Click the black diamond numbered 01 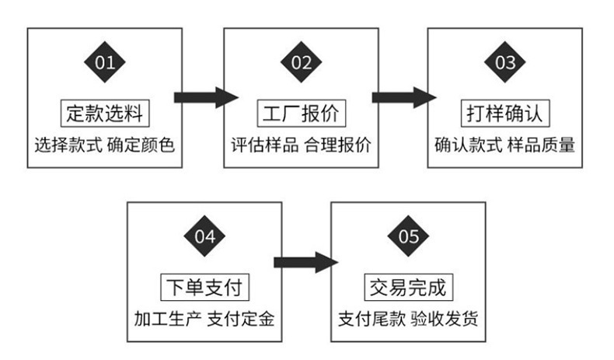[x=105, y=62]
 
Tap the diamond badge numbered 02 [x=302, y=62]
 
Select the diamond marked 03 [x=505, y=62]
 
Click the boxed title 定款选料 [x=105, y=114]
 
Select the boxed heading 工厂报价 [x=302, y=114]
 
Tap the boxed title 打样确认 [x=505, y=114]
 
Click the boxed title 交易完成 [x=408, y=288]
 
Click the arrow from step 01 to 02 [x=204, y=97]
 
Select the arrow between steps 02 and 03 [x=403, y=97]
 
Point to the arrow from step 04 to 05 [x=305, y=262]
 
